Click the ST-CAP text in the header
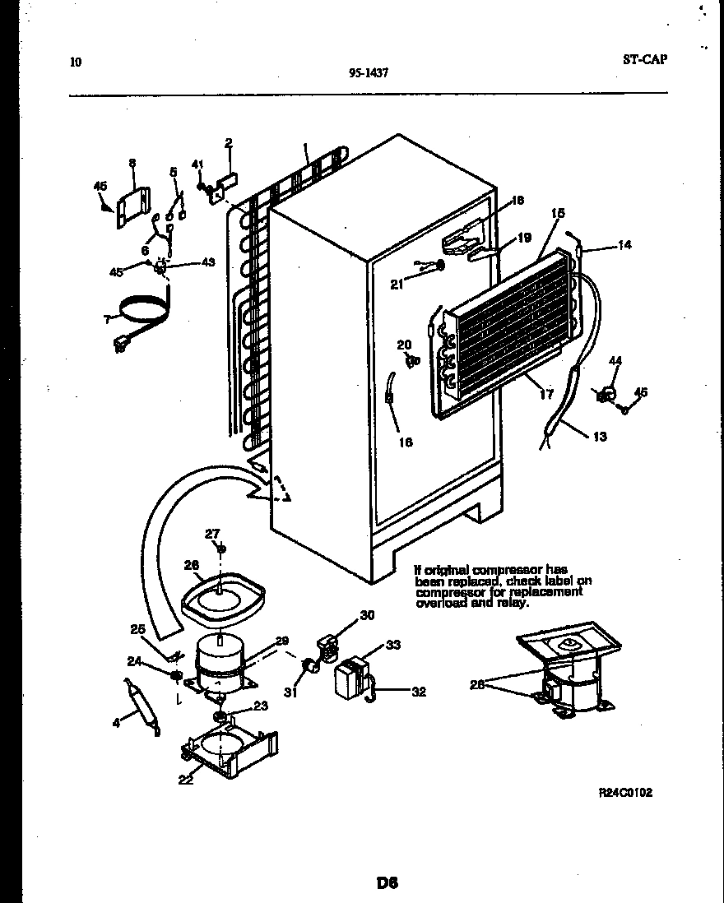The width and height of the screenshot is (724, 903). point(645,58)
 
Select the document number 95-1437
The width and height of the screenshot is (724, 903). point(368,72)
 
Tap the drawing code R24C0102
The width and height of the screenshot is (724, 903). point(625,793)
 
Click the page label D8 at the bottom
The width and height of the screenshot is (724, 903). point(388,884)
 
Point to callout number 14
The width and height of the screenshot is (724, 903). point(624,245)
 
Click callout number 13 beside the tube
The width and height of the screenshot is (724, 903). point(599,437)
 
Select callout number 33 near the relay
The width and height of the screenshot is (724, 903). point(392,646)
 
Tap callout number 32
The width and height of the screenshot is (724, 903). point(419,692)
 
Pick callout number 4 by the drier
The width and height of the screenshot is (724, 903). point(116,723)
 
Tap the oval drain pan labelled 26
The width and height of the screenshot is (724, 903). point(223,596)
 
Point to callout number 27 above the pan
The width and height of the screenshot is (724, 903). point(212,534)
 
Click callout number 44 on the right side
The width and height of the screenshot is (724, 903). point(615,360)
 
